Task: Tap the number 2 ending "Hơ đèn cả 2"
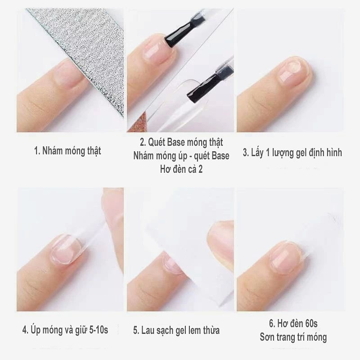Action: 200,170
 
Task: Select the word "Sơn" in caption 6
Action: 267,337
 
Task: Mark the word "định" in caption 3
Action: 317,153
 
